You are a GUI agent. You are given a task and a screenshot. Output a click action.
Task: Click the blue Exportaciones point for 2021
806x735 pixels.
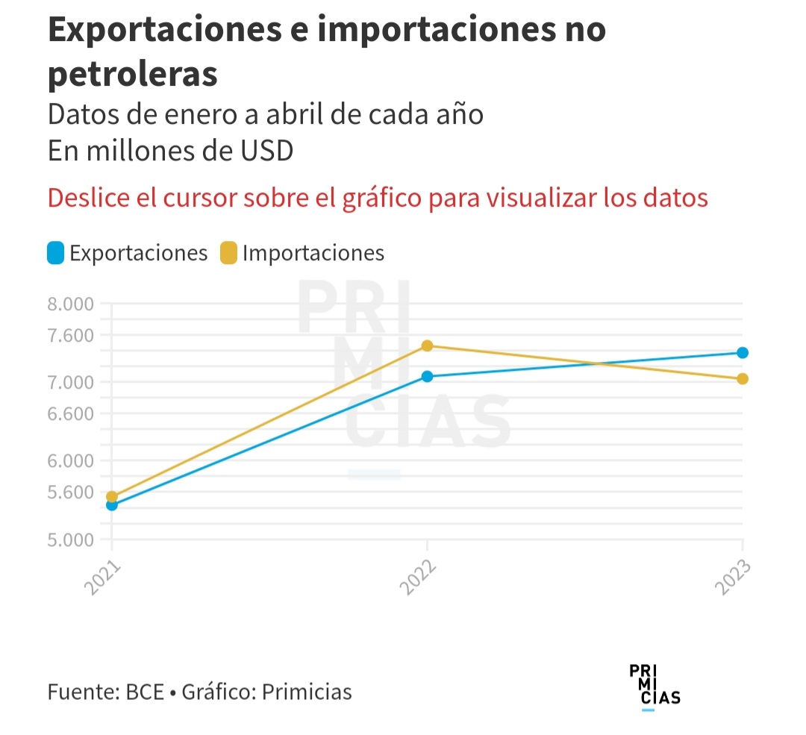[x=112, y=505]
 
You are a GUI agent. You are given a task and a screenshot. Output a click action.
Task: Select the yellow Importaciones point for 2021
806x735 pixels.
[x=112, y=496]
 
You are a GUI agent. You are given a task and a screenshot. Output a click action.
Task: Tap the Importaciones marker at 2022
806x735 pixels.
[x=427, y=345]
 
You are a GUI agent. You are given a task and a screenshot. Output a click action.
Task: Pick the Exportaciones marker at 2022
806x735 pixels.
[x=427, y=376]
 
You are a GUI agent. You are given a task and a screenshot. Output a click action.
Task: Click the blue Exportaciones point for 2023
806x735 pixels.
[x=742, y=352]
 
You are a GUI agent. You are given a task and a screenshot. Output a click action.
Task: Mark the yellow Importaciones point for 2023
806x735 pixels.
[x=742, y=378]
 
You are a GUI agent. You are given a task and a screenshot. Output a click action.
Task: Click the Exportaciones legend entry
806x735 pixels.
[x=127, y=253]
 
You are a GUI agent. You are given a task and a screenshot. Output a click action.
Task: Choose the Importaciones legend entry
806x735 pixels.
[x=302, y=253]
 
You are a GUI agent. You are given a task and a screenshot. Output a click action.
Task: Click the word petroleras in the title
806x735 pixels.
[x=133, y=75]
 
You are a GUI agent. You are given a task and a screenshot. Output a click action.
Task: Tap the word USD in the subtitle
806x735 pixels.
[x=265, y=150]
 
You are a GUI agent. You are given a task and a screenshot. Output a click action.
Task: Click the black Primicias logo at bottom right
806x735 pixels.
[x=655, y=684]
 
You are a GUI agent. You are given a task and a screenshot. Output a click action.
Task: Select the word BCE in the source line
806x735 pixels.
[x=144, y=692]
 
